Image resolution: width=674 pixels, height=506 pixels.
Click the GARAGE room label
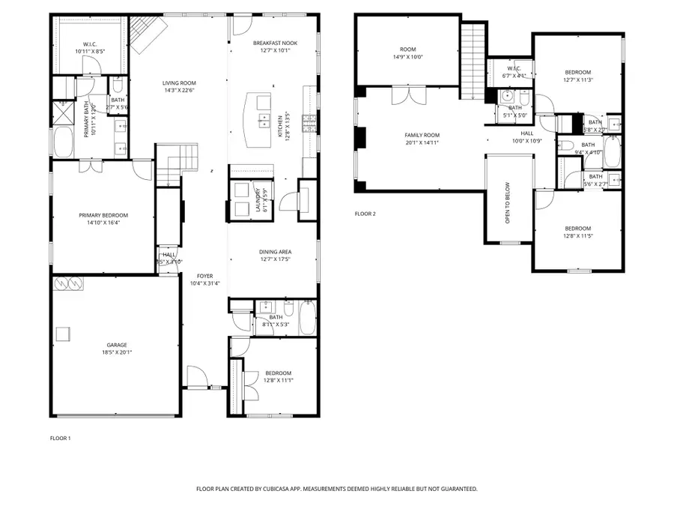coord(115,345)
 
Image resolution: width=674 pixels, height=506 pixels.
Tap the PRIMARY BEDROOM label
coord(105,215)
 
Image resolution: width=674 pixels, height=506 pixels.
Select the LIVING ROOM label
coord(179,83)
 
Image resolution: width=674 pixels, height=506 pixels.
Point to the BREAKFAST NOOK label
coord(275,43)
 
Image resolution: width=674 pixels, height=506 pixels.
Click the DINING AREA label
coord(275,252)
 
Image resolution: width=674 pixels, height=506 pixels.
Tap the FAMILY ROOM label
coord(421,135)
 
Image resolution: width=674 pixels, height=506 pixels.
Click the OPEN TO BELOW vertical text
coord(507,203)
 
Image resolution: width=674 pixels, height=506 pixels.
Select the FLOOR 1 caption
coord(60,438)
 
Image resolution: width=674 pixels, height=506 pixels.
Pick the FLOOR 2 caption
coord(365,214)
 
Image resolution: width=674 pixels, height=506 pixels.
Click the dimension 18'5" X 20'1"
coord(115,352)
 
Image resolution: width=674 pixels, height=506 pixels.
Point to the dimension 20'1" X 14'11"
coord(421,142)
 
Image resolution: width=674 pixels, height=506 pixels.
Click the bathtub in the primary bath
coord(62,142)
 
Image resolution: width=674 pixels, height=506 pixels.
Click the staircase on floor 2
coord(473,60)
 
